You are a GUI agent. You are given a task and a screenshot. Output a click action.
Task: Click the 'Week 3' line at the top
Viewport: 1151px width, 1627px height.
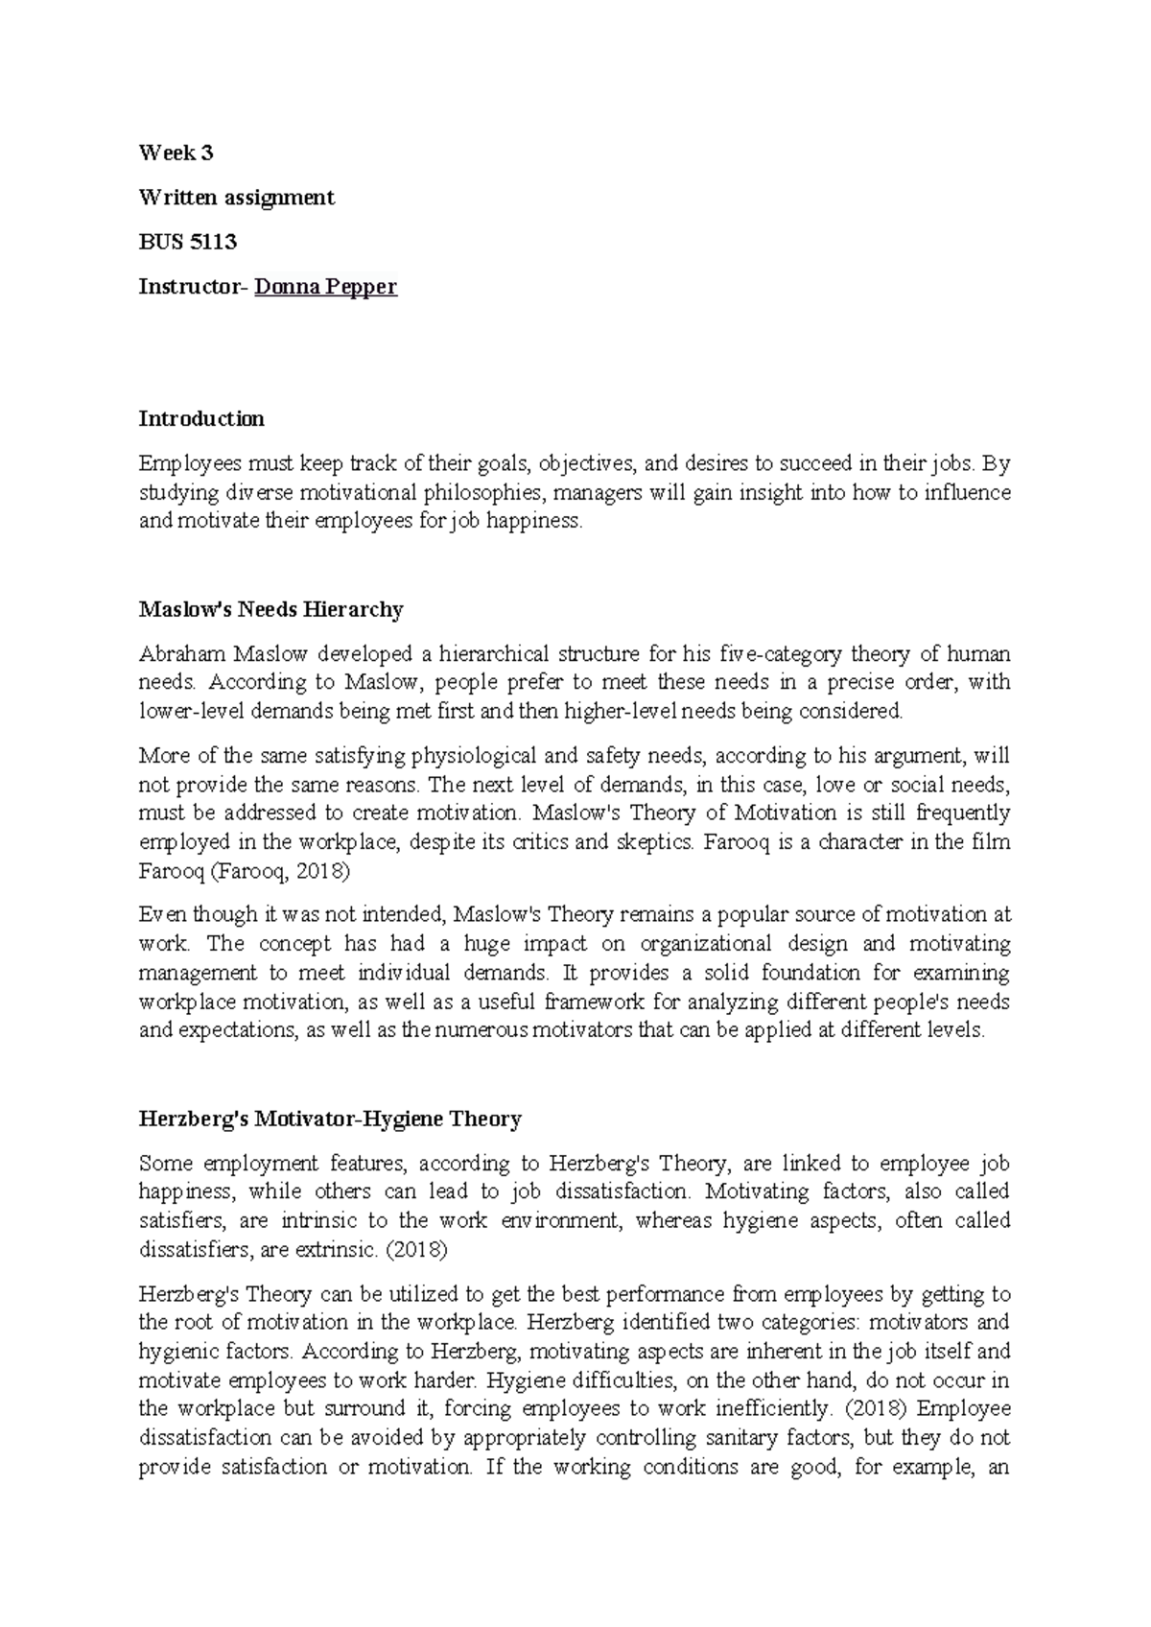tap(176, 153)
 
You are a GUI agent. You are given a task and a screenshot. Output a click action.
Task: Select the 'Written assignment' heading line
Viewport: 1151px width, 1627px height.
tap(236, 198)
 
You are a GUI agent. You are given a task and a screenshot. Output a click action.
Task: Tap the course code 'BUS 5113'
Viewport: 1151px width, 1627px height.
tap(187, 242)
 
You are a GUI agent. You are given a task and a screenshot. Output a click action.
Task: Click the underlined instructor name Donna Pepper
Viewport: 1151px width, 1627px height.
tap(325, 287)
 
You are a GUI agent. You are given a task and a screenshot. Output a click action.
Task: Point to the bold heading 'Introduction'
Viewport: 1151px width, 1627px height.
tap(201, 419)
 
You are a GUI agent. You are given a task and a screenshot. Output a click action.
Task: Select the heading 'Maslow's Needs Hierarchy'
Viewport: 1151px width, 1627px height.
tap(270, 609)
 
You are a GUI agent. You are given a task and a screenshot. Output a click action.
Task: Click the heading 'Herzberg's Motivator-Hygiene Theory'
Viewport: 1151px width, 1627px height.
tap(330, 1119)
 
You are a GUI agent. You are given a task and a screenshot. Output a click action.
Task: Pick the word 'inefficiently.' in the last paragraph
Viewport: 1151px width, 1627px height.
tap(773, 1409)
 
